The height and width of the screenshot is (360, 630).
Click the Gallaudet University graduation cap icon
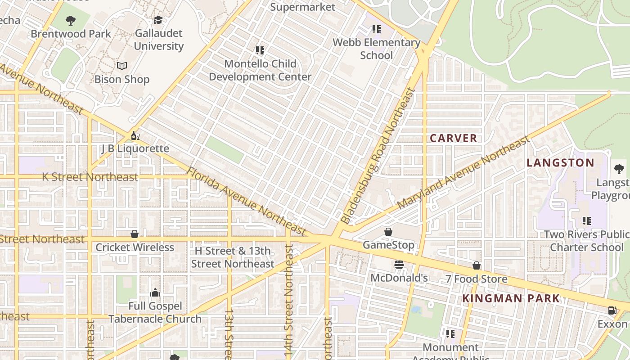tap(158, 20)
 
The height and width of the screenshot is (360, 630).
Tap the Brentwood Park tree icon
tap(70, 20)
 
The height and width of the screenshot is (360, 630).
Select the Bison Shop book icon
tap(121, 66)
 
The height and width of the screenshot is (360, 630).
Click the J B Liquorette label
tap(135, 148)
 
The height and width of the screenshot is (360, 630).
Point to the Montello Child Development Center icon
tap(260, 50)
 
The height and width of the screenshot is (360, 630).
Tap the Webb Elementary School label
tap(377, 49)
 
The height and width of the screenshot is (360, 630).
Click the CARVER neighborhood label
tap(453, 138)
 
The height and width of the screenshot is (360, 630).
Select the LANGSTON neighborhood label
tap(560, 162)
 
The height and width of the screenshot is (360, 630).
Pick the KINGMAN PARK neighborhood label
tap(511, 298)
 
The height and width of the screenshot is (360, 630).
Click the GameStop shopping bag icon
tap(388, 232)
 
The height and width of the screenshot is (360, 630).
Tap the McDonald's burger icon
tap(399, 265)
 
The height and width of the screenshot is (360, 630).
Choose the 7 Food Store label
tap(476, 279)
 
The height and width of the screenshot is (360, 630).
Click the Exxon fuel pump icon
tap(612, 310)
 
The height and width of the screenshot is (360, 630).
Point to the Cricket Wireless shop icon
tap(134, 234)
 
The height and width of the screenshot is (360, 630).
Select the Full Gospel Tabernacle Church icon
tap(155, 293)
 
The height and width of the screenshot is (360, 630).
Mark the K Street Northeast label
tap(90, 177)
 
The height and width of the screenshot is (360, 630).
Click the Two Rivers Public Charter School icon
tap(586, 221)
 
